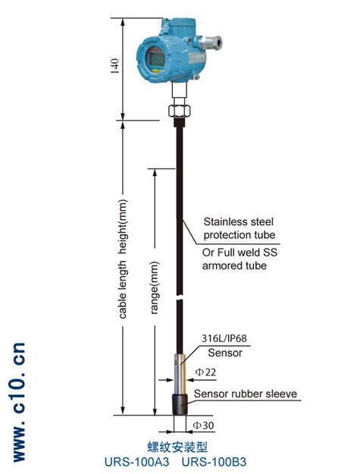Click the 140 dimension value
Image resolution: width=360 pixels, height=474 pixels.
click(115, 66)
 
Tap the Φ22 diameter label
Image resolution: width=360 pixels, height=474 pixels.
click(205, 372)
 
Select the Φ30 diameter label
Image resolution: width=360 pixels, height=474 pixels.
click(204, 425)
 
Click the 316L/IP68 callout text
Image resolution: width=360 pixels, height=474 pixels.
click(224, 338)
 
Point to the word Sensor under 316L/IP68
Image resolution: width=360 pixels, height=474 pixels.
click(225, 353)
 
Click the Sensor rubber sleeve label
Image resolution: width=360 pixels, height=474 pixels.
click(246, 394)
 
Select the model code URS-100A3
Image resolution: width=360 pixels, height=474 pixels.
click(137, 462)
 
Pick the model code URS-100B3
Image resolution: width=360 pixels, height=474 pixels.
click(214, 462)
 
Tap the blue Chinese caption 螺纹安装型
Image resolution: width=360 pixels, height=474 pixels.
click(177, 447)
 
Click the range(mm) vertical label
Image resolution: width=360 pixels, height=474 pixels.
click(155, 287)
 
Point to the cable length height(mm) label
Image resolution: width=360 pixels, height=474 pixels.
click(123, 259)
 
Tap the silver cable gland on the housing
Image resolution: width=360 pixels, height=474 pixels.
click(212, 42)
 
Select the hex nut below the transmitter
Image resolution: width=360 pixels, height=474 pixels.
click(180, 110)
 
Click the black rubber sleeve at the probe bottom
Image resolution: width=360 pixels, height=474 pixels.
click(180, 404)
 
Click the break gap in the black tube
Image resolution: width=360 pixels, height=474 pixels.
click(180, 298)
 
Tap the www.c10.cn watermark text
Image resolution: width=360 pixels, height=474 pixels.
click(20, 402)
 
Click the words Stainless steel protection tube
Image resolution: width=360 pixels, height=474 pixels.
click(239, 228)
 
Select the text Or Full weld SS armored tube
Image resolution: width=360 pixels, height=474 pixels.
click(239, 259)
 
